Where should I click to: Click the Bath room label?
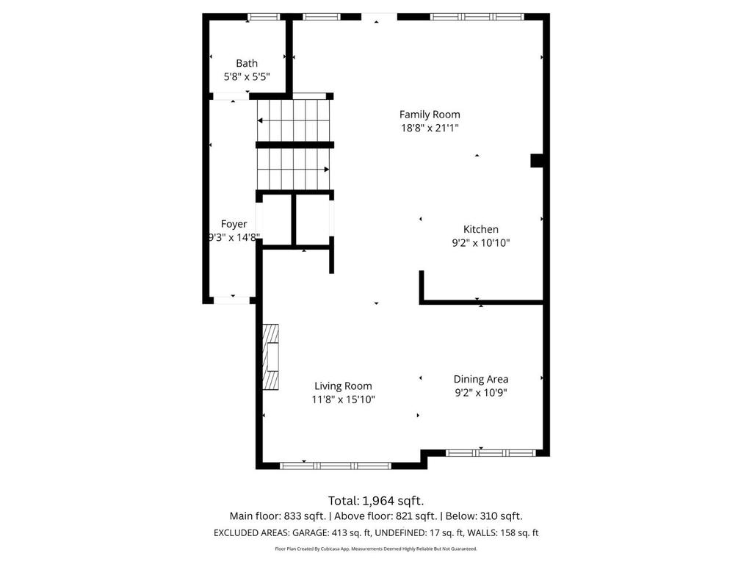pos(247,63)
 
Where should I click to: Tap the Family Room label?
pos(430,115)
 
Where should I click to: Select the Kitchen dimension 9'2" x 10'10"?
pos(480,243)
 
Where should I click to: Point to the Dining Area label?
pos(480,379)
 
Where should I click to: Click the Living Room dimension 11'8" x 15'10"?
pos(343,399)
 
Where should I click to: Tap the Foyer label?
pos(234,224)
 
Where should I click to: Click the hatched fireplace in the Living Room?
pos(272,358)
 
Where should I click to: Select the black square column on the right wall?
pos(537,161)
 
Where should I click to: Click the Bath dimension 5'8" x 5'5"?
pos(247,76)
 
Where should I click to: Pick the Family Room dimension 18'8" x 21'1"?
pos(430,128)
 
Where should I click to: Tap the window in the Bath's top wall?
pos(263,16)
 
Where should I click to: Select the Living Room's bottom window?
pos(336,466)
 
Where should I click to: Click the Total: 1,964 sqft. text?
pos(376,501)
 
